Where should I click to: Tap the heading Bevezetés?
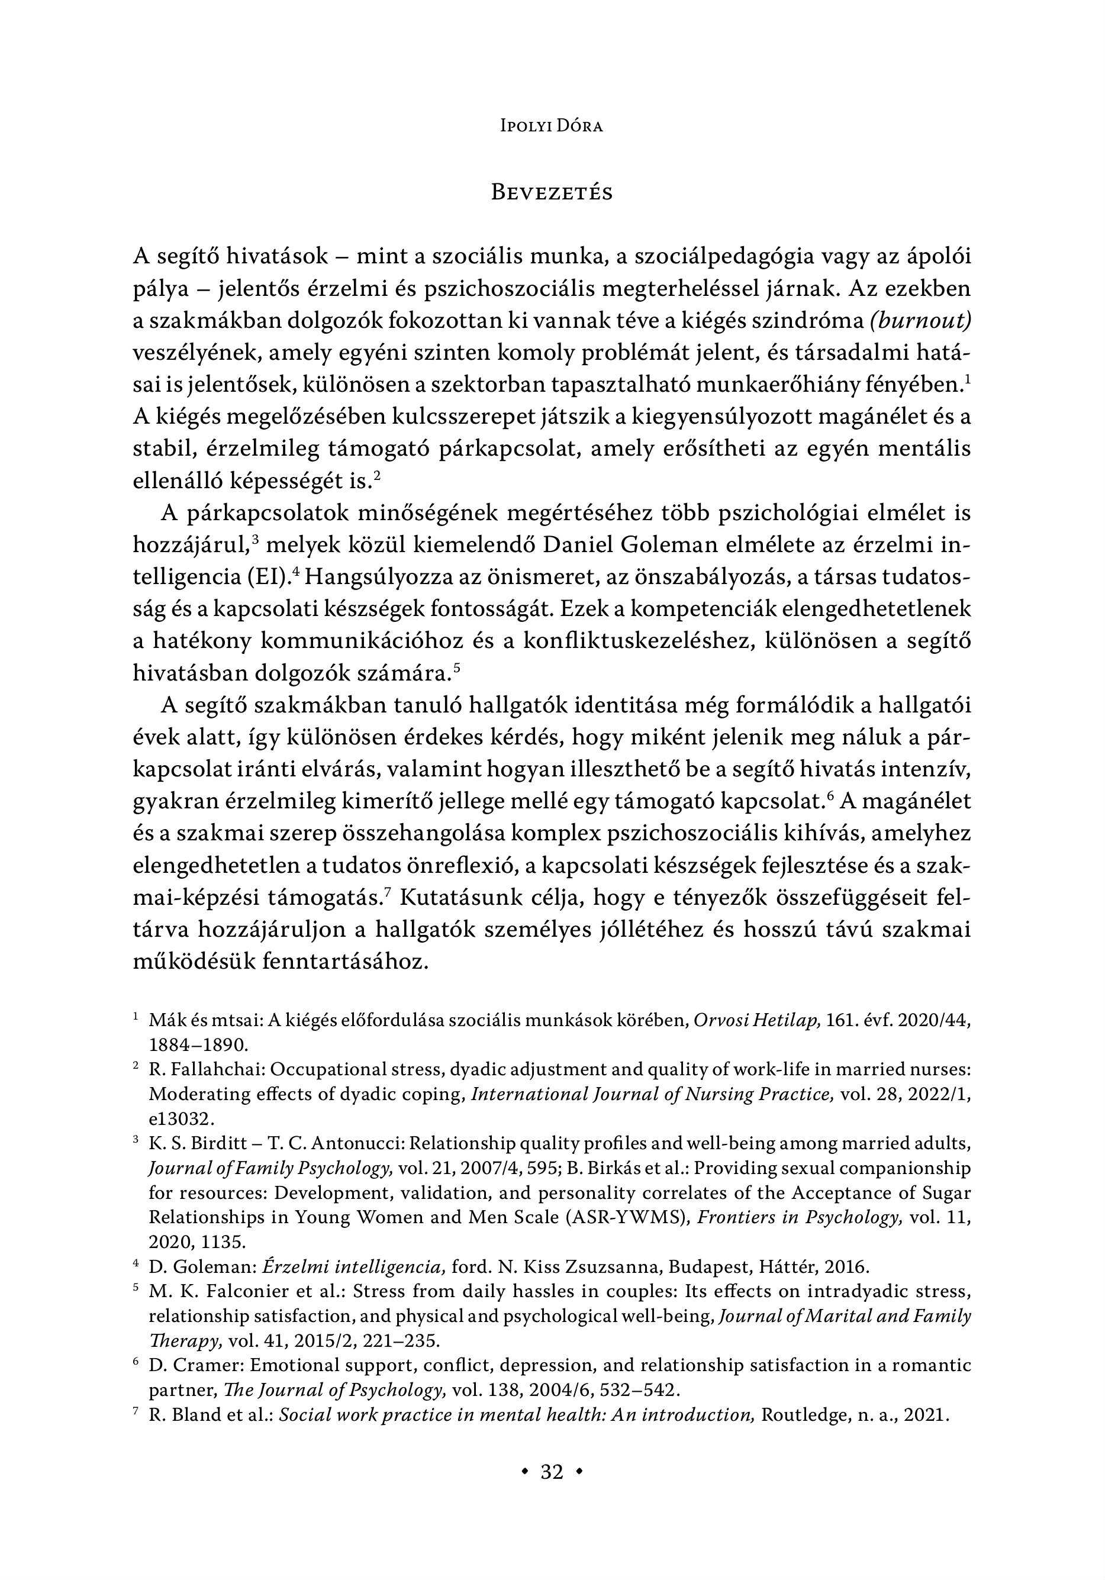pos(552,193)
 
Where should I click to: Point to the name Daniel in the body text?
pos(577,545)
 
